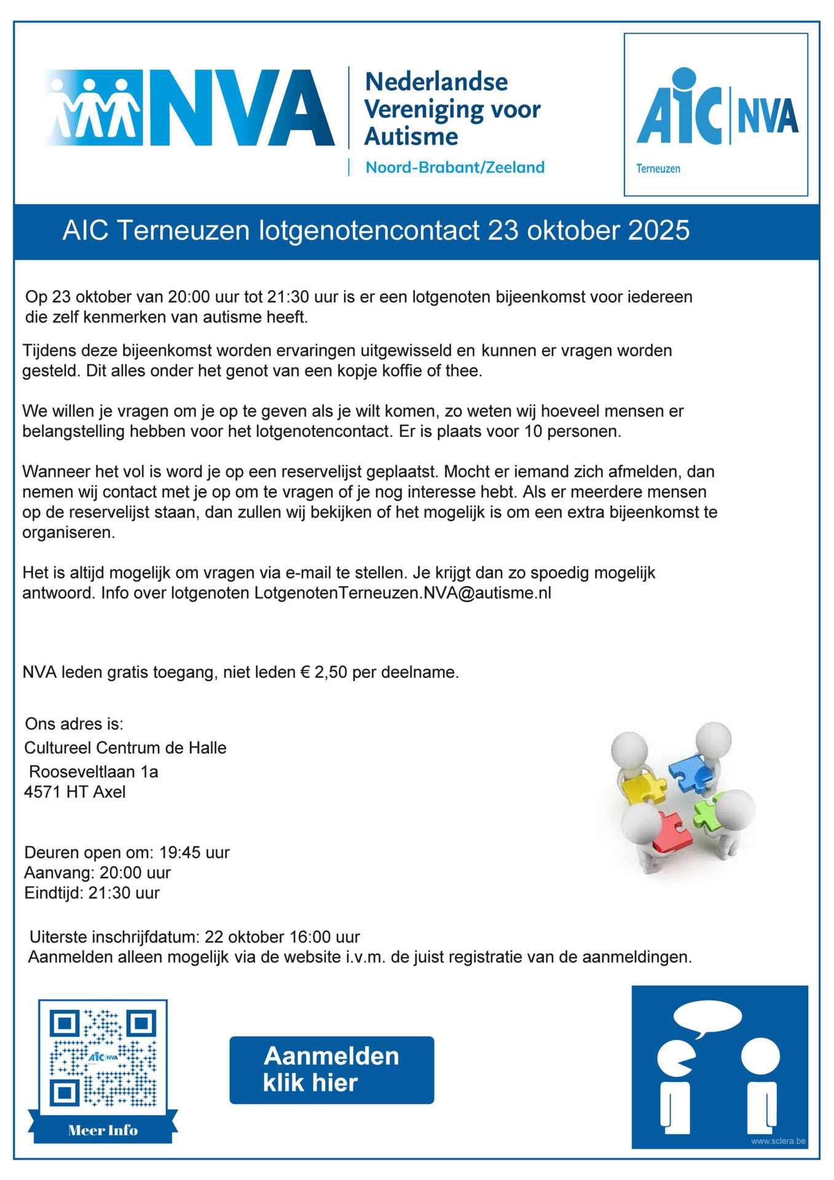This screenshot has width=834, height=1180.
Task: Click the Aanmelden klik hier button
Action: (331, 1070)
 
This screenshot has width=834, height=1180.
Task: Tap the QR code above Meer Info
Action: (103, 1058)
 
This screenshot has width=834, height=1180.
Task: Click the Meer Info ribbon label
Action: (103, 1130)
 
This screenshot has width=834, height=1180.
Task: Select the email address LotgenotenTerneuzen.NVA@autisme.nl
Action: (403, 593)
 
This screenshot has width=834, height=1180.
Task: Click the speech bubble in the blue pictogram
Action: (707, 1018)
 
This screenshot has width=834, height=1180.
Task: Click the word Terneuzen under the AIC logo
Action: (658, 168)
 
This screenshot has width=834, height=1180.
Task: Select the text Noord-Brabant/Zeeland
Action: (455, 167)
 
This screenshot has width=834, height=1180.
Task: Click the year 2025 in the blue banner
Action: (659, 230)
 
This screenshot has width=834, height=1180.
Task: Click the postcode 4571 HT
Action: (57, 792)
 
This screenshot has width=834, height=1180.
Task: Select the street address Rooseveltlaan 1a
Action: (93, 771)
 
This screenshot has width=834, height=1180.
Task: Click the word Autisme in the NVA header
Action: (411, 136)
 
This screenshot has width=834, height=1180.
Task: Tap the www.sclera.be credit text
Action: (777, 1141)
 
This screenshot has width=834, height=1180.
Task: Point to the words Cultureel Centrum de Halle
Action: (125, 747)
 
